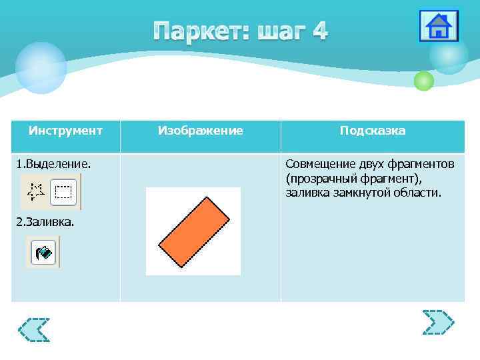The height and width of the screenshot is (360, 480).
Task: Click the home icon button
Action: tap(438, 27)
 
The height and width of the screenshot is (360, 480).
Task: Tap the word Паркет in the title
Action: tap(197, 31)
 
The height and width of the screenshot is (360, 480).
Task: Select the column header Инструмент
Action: tap(65, 131)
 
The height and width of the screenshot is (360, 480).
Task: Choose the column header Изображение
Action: tap(200, 131)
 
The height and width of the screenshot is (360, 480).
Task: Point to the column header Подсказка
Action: tap(372, 131)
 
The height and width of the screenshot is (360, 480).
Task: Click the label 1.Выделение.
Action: tap(53, 163)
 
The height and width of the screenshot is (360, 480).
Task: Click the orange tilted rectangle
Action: tap(193, 232)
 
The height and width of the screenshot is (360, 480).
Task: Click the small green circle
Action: tap(423, 81)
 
